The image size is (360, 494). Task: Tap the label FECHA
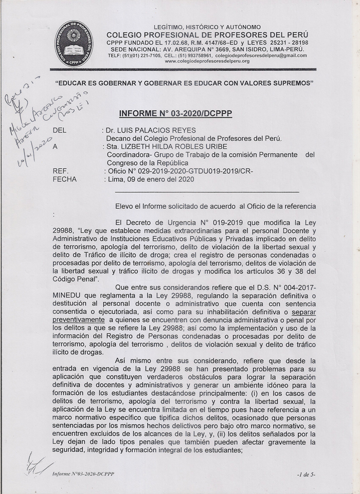pyautogui.click(x=64, y=179)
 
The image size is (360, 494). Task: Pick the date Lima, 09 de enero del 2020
pyautogui.click(x=151, y=179)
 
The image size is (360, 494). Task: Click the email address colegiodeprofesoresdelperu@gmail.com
pyautogui.click(x=261, y=56)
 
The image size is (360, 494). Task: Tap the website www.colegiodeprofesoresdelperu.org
pyautogui.click(x=207, y=61)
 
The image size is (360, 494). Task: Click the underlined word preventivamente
pyautogui.click(x=80, y=319)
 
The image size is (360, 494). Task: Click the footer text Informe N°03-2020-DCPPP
pyautogui.click(x=83, y=474)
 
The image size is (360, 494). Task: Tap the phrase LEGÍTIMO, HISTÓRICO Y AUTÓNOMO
pyautogui.click(x=207, y=27)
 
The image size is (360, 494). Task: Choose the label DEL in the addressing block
pyautogui.click(x=59, y=131)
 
